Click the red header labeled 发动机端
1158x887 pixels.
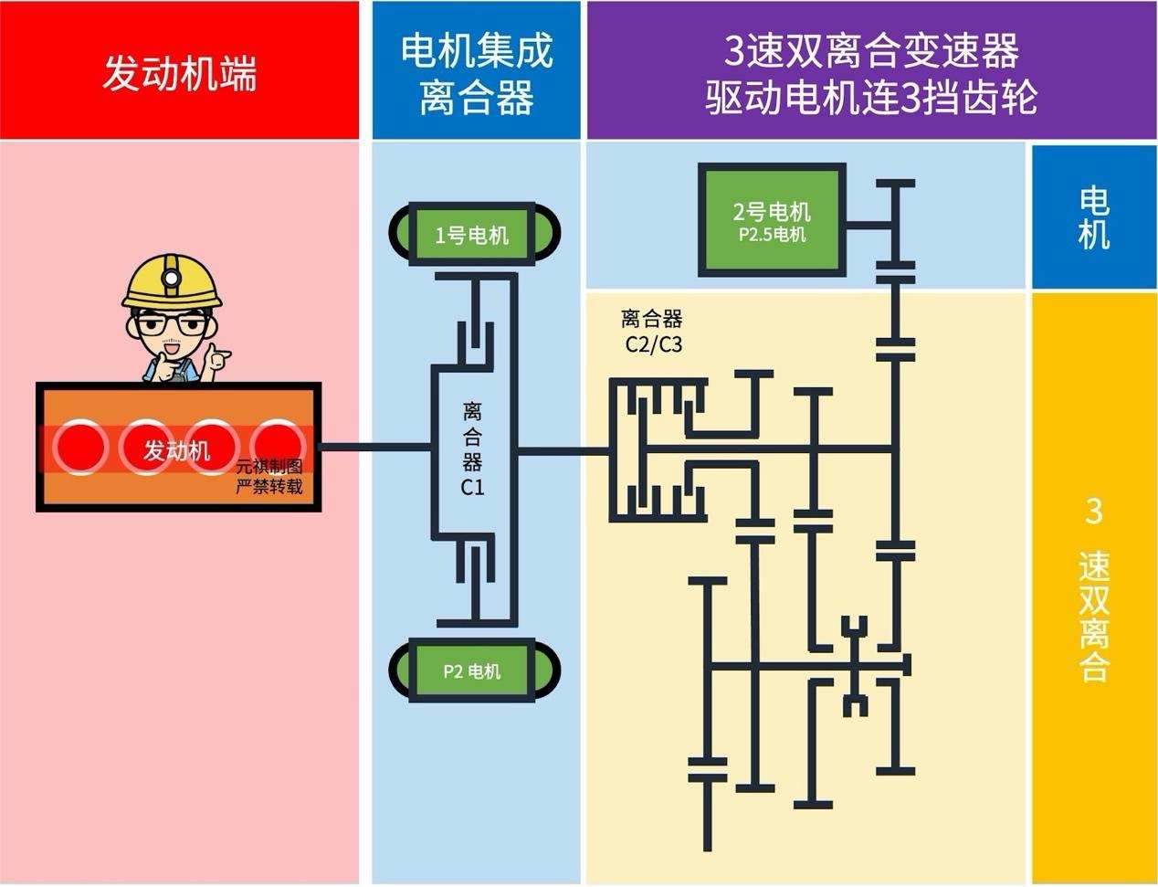point(179,72)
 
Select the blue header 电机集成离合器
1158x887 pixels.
point(476,72)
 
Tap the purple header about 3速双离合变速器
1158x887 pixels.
point(870,72)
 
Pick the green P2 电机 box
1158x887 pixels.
point(472,671)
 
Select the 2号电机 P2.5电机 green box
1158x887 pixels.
point(771,221)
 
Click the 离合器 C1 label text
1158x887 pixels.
point(472,448)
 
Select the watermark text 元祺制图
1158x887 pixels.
point(268,468)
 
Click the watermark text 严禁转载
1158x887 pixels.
point(268,487)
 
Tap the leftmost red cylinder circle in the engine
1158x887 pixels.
point(80,447)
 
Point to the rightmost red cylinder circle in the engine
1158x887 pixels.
point(279,447)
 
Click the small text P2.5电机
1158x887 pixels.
point(772,235)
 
